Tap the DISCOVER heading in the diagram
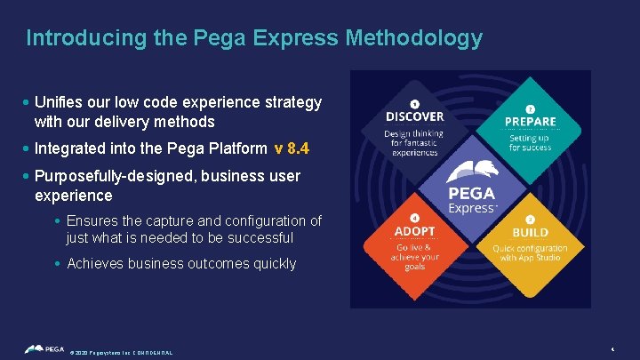click(x=414, y=116)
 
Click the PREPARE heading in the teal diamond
click(x=531, y=122)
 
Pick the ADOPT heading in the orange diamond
click(x=414, y=232)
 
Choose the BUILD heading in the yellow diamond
click(x=531, y=233)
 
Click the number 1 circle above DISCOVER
click(x=414, y=105)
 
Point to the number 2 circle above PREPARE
click(x=531, y=109)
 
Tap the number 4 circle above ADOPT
click(x=414, y=219)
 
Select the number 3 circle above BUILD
click(x=531, y=220)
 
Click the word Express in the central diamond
click(x=471, y=208)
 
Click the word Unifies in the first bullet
click(x=62, y=103)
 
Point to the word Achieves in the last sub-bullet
click(x=95, y=263)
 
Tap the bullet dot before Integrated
click(x=28, y=148)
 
